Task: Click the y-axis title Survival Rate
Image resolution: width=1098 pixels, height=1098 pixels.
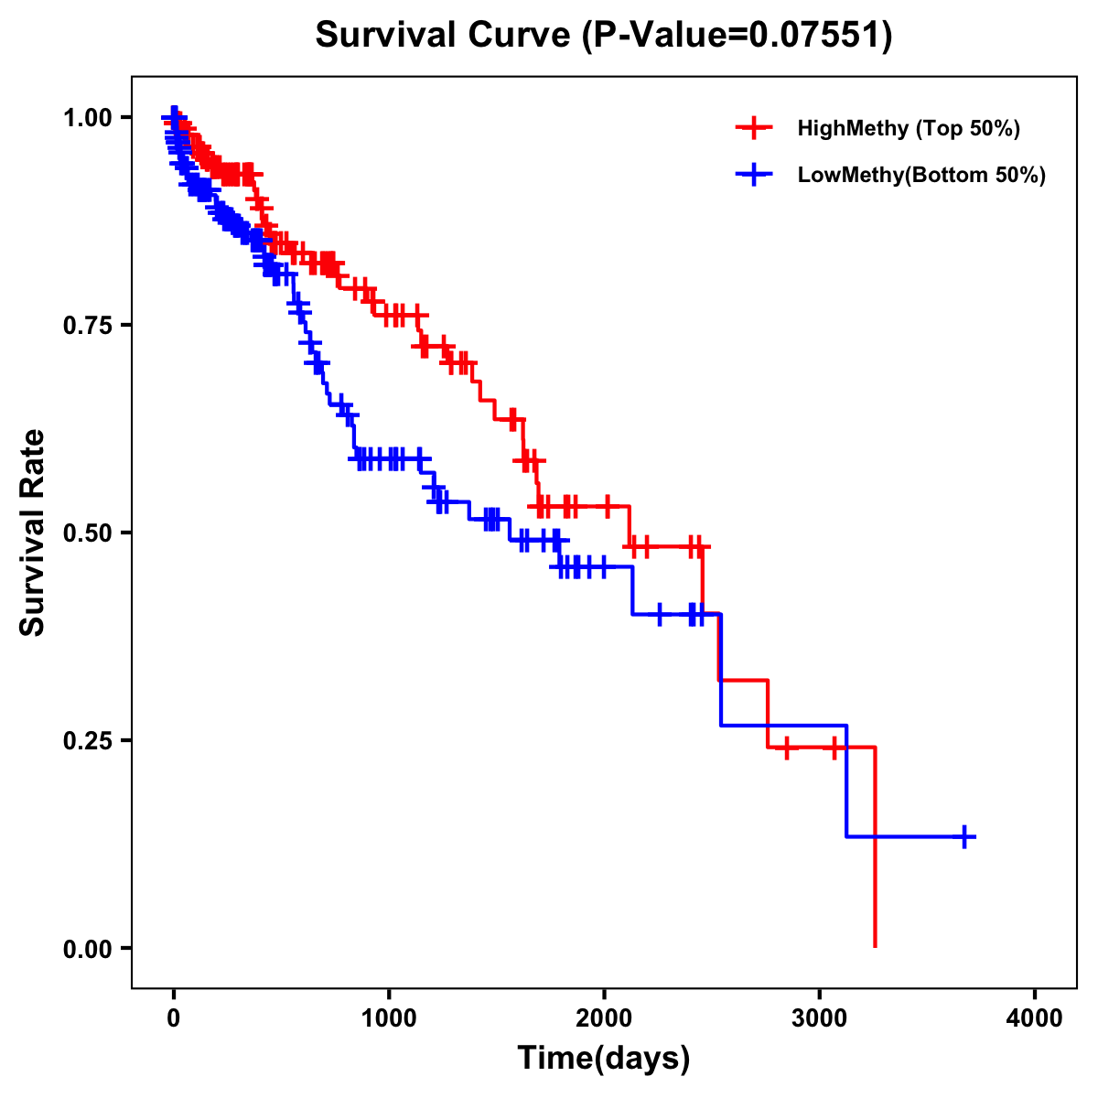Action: point(32,532)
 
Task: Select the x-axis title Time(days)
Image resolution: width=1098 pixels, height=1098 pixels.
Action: point(603,1059)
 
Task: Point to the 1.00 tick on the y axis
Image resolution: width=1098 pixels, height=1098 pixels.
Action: point(89,117)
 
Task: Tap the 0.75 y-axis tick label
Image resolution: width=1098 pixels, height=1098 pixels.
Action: point(89,325)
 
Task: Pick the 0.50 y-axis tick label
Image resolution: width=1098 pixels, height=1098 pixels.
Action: point(89,533)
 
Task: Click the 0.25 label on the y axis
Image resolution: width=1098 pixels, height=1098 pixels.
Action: point(89,740)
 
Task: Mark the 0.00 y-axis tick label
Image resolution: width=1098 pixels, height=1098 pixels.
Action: point(89,948)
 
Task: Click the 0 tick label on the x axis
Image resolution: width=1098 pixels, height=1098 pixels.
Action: point(174,1017)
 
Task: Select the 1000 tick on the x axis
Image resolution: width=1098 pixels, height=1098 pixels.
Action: point(389,1017)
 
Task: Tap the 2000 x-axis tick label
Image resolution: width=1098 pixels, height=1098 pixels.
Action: point(604,1017)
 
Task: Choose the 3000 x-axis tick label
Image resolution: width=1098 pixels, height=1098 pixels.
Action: point(820,1017)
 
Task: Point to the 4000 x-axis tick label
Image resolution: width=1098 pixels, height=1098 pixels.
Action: point(1035,1017)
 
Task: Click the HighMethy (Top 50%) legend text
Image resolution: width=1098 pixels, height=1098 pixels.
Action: point(909,128)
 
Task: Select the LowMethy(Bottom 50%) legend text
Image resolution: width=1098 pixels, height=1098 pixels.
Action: point(921,175)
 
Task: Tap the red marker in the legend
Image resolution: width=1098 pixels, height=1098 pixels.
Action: point(754,128)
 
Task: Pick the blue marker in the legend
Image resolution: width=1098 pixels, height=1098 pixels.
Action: point(754,175)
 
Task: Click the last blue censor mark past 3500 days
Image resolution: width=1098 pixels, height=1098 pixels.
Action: point(964,836)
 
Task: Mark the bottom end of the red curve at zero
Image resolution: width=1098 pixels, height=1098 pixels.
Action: point(876,945)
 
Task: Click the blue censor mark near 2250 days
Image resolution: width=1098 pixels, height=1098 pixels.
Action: point(659,614)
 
